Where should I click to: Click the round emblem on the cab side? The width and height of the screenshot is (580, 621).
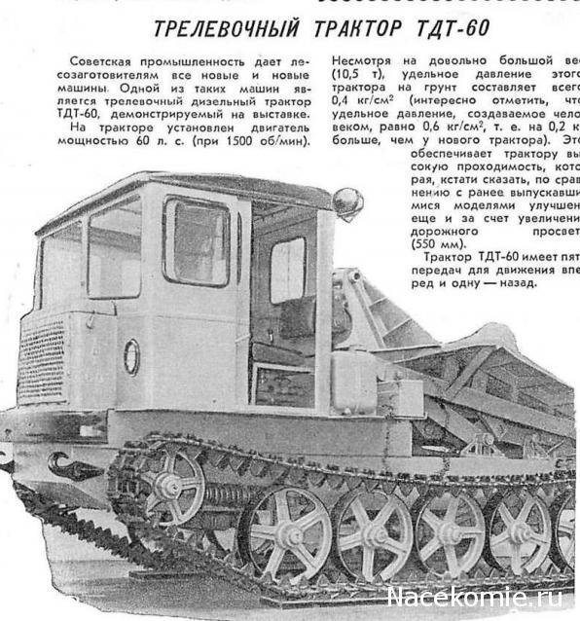tap(131, 356)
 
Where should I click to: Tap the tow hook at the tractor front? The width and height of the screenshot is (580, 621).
tap(73, 468)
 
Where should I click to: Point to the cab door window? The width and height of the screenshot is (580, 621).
tap(196, 241)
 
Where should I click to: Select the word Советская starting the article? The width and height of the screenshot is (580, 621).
tap(108, 61)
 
